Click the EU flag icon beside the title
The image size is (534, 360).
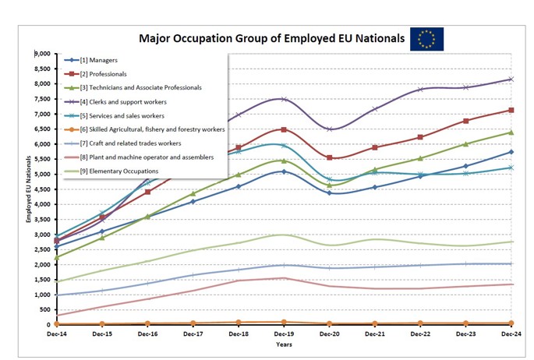point(426,38)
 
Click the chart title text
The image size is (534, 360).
point(271,38)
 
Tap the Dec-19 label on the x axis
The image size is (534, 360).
point(284,333)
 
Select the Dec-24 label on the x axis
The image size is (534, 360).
point(511,333)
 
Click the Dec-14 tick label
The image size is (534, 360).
point(57,333)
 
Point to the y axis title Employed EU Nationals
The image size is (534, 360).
point(29,189)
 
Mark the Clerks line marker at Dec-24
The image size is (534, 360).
point(511,79)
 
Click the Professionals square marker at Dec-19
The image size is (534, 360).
point(284,129)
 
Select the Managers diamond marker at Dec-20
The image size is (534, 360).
point(329,192)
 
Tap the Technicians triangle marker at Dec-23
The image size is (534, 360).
point(465,144)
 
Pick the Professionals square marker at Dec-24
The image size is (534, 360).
point(511,110)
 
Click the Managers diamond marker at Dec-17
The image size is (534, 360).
point(193,201)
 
